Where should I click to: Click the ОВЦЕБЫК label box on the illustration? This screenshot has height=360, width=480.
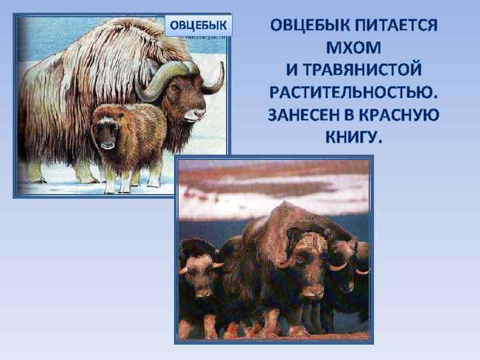point(198,26)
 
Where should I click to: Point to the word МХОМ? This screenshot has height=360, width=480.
point(353,49)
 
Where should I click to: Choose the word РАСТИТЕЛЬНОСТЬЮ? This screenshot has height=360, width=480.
point(354,92)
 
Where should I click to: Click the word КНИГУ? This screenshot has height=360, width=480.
point(353,136)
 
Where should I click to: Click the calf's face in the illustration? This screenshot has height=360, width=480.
point(107,133)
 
